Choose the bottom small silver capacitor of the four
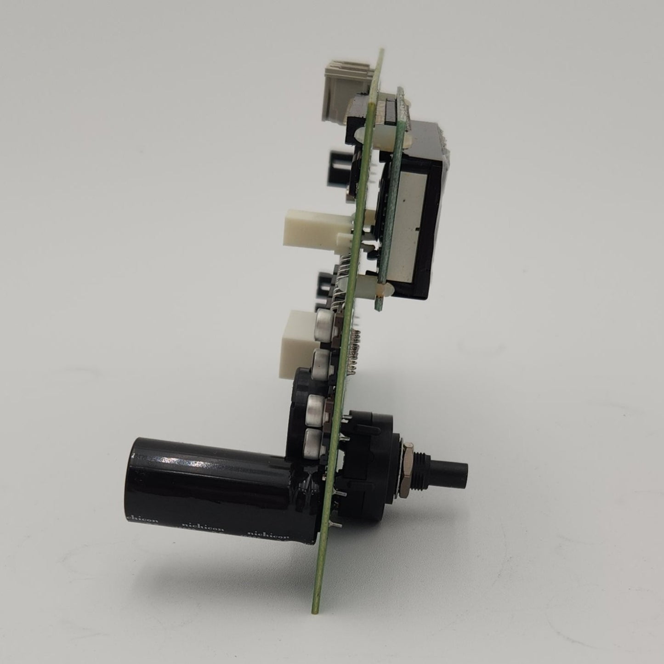[x=315, y=443]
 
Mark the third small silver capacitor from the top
[x=318, y=404]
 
